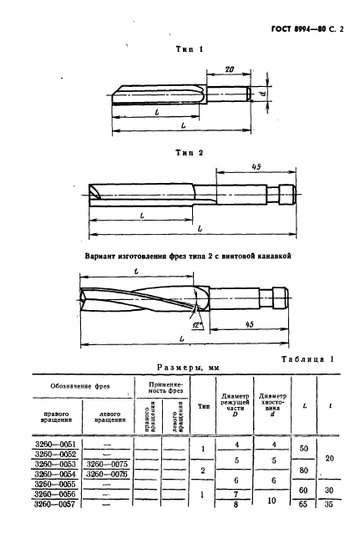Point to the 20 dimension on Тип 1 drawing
[x=226, y=73]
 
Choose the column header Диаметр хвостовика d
[x=273, y=405]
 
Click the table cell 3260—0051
[x=56, y=443]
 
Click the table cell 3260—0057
[x=56, y=504]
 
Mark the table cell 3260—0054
[x=56, y=473]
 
